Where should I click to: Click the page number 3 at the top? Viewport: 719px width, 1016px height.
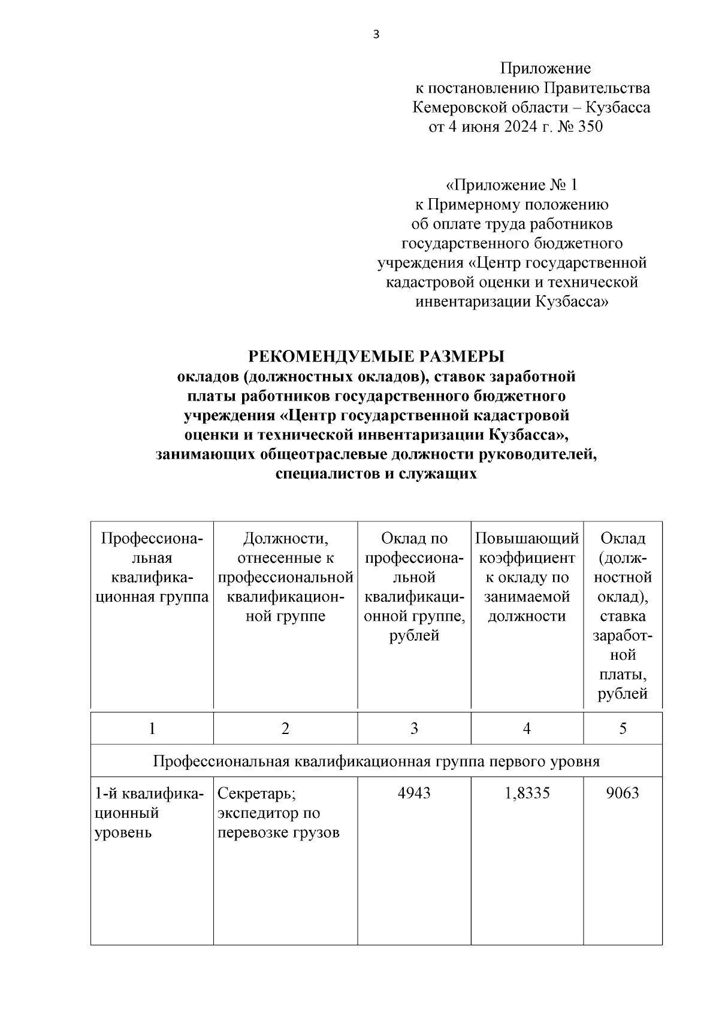pos(376,35)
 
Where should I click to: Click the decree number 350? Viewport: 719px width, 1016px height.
pos(590,127)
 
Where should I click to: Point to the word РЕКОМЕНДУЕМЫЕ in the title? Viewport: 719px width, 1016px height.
pos(318,357)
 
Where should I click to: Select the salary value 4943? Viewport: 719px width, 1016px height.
pos(414,793)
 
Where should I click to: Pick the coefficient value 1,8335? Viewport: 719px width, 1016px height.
pos(527,793)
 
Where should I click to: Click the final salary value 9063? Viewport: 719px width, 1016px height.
pos(623,793)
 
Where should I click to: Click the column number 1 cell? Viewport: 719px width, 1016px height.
pos(152,728)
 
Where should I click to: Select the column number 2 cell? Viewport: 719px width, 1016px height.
pos(285,728)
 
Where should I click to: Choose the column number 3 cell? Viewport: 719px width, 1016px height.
pos(414,728)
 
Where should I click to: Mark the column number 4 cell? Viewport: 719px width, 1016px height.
pos(527,728)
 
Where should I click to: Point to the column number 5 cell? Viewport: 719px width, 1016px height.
pos(623,728)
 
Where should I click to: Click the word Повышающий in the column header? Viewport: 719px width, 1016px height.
pos(527,539)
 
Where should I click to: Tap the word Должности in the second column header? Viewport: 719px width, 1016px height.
pos(285,539)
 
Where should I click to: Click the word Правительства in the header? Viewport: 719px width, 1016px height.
pos(596,89)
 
